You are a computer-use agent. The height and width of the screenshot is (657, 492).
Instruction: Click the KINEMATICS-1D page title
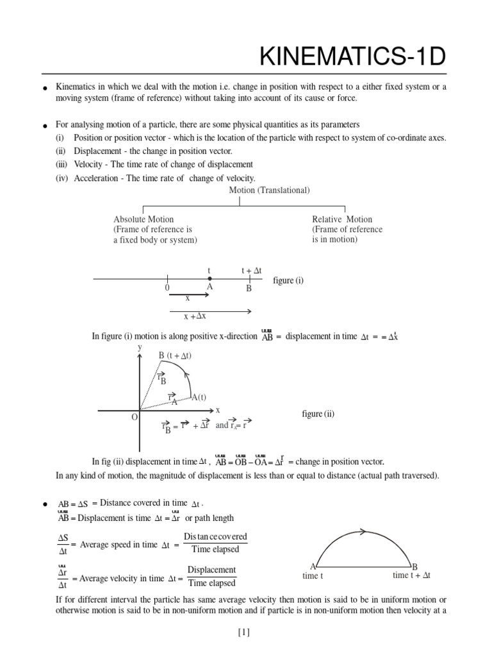click(x=352, y=58)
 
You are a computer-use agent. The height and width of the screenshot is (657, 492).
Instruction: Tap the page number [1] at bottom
click(x=244, y=632)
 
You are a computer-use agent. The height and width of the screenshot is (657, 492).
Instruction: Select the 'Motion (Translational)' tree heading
click(x=269, y=190)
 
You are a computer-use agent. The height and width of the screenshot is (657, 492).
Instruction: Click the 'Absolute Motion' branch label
click(x=143, y=219)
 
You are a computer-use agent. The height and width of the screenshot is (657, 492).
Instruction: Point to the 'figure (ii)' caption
click(x=318, y=414)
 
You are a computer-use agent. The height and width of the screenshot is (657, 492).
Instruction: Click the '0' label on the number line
click(x=167, y=289)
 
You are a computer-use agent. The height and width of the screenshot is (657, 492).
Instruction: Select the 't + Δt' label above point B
click(x=252, y=271)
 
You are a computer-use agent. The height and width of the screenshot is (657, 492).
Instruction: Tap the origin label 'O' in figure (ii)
click(x=135, y=417)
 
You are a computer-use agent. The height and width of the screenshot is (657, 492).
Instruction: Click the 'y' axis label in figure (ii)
click(x=140, y=347)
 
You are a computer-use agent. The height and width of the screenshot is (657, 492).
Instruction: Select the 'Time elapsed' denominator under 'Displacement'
click(x=211, y=583)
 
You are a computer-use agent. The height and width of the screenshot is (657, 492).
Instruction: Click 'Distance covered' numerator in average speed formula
click(x=215, y=536)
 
